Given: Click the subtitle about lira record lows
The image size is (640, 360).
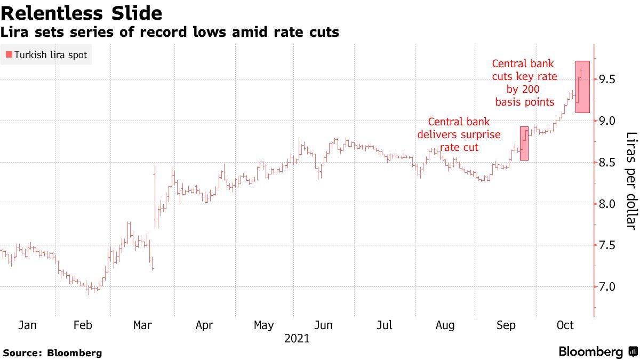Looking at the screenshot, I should click(x=170, y=32).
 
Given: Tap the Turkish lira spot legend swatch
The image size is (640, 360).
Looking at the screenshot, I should click(x=9, y=55).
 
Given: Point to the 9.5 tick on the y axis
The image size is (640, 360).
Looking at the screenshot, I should click(x=608, y=79).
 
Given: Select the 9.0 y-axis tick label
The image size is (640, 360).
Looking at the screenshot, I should click(x=608, y=121).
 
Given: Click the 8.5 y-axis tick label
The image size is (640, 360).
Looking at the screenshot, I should click(x=608, y=162).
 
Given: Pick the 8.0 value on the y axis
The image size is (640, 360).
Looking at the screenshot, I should click(x=608, y=204).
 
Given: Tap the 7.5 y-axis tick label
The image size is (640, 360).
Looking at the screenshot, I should click(x=608, y=245).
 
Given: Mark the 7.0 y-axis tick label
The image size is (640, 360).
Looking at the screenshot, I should click(x=608, y=287).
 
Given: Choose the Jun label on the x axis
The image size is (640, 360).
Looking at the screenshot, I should click(x=324, y=325).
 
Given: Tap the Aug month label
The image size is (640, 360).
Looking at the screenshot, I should click(x=445, y=325).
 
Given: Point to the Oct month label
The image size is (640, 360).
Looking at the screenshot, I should click(x=565, y=325).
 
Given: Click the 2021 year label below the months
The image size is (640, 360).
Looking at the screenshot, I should click(x=297, y=339).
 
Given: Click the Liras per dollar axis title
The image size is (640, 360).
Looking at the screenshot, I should click(x=631, y=181).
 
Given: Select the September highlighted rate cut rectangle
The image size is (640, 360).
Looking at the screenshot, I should click(x=524, y=143).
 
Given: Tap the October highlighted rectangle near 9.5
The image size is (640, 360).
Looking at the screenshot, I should click(x=582, y=87).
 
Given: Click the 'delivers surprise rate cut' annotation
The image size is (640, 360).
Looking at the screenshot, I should click(x=459, y=134).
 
